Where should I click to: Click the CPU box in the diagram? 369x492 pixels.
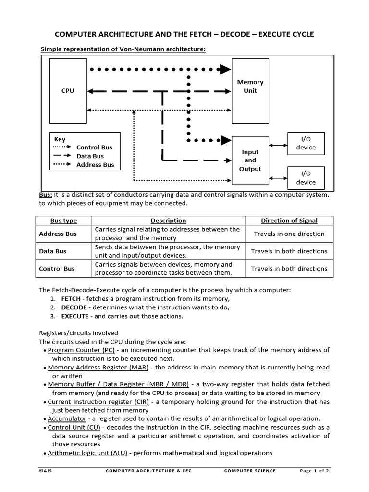point(68,91)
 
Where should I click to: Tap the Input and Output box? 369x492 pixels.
point(250,160)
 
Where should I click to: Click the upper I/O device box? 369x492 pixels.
point(306,143)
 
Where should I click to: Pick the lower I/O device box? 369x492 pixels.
point(306,178)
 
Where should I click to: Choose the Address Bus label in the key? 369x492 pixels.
point(95,165)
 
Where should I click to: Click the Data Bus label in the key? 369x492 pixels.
point(90,156)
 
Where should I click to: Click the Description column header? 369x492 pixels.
point(168,221)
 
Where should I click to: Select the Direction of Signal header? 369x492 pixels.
point(289,221)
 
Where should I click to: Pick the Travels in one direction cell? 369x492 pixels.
point(289,234)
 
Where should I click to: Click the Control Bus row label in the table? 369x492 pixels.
point(57,269)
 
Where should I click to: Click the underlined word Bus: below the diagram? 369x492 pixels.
point(45,195)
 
